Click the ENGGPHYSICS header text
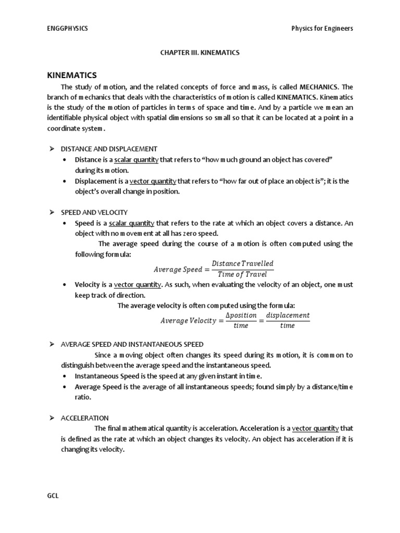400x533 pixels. (x=68, y=29)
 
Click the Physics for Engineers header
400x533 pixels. (x=322, y=29)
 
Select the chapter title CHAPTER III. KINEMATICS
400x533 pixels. (x=199, y=53)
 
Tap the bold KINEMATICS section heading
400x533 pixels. (x=72, y=75)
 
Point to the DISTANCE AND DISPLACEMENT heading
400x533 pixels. (x=109, y=149)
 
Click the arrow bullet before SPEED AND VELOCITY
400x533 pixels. (x=52, y=212)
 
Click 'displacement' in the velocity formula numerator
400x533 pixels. (x=287, y=315)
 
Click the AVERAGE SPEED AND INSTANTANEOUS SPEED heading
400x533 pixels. (x=132, y=344)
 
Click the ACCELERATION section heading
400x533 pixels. (x=85, y=418)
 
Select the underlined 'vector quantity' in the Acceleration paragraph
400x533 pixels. (x=315, y=428)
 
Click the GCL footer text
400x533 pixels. (x=53, y=496)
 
